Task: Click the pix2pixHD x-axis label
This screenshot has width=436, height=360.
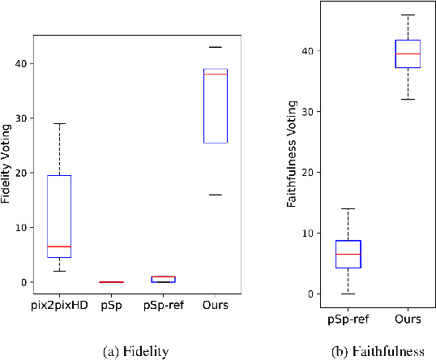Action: click(58, 305)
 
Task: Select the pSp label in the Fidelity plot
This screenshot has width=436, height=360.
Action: click(110, 305)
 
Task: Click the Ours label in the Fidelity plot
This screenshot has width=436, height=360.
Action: click(215, 305)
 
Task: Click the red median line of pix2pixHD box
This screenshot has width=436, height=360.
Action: click(58, 246)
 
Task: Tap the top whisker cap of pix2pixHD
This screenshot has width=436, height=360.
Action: click(58, 123)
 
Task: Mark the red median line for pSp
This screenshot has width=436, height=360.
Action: click(110, 282)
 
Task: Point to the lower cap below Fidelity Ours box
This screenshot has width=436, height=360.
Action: click(215, 195)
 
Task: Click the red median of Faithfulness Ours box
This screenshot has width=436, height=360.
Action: click(407, 54)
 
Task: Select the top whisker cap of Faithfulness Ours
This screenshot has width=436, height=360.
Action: click(407, 15)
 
